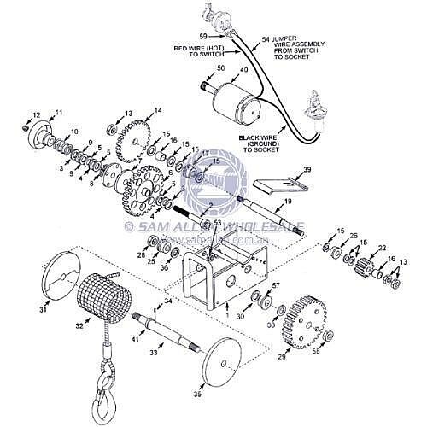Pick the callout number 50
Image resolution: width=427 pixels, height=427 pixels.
220,67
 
